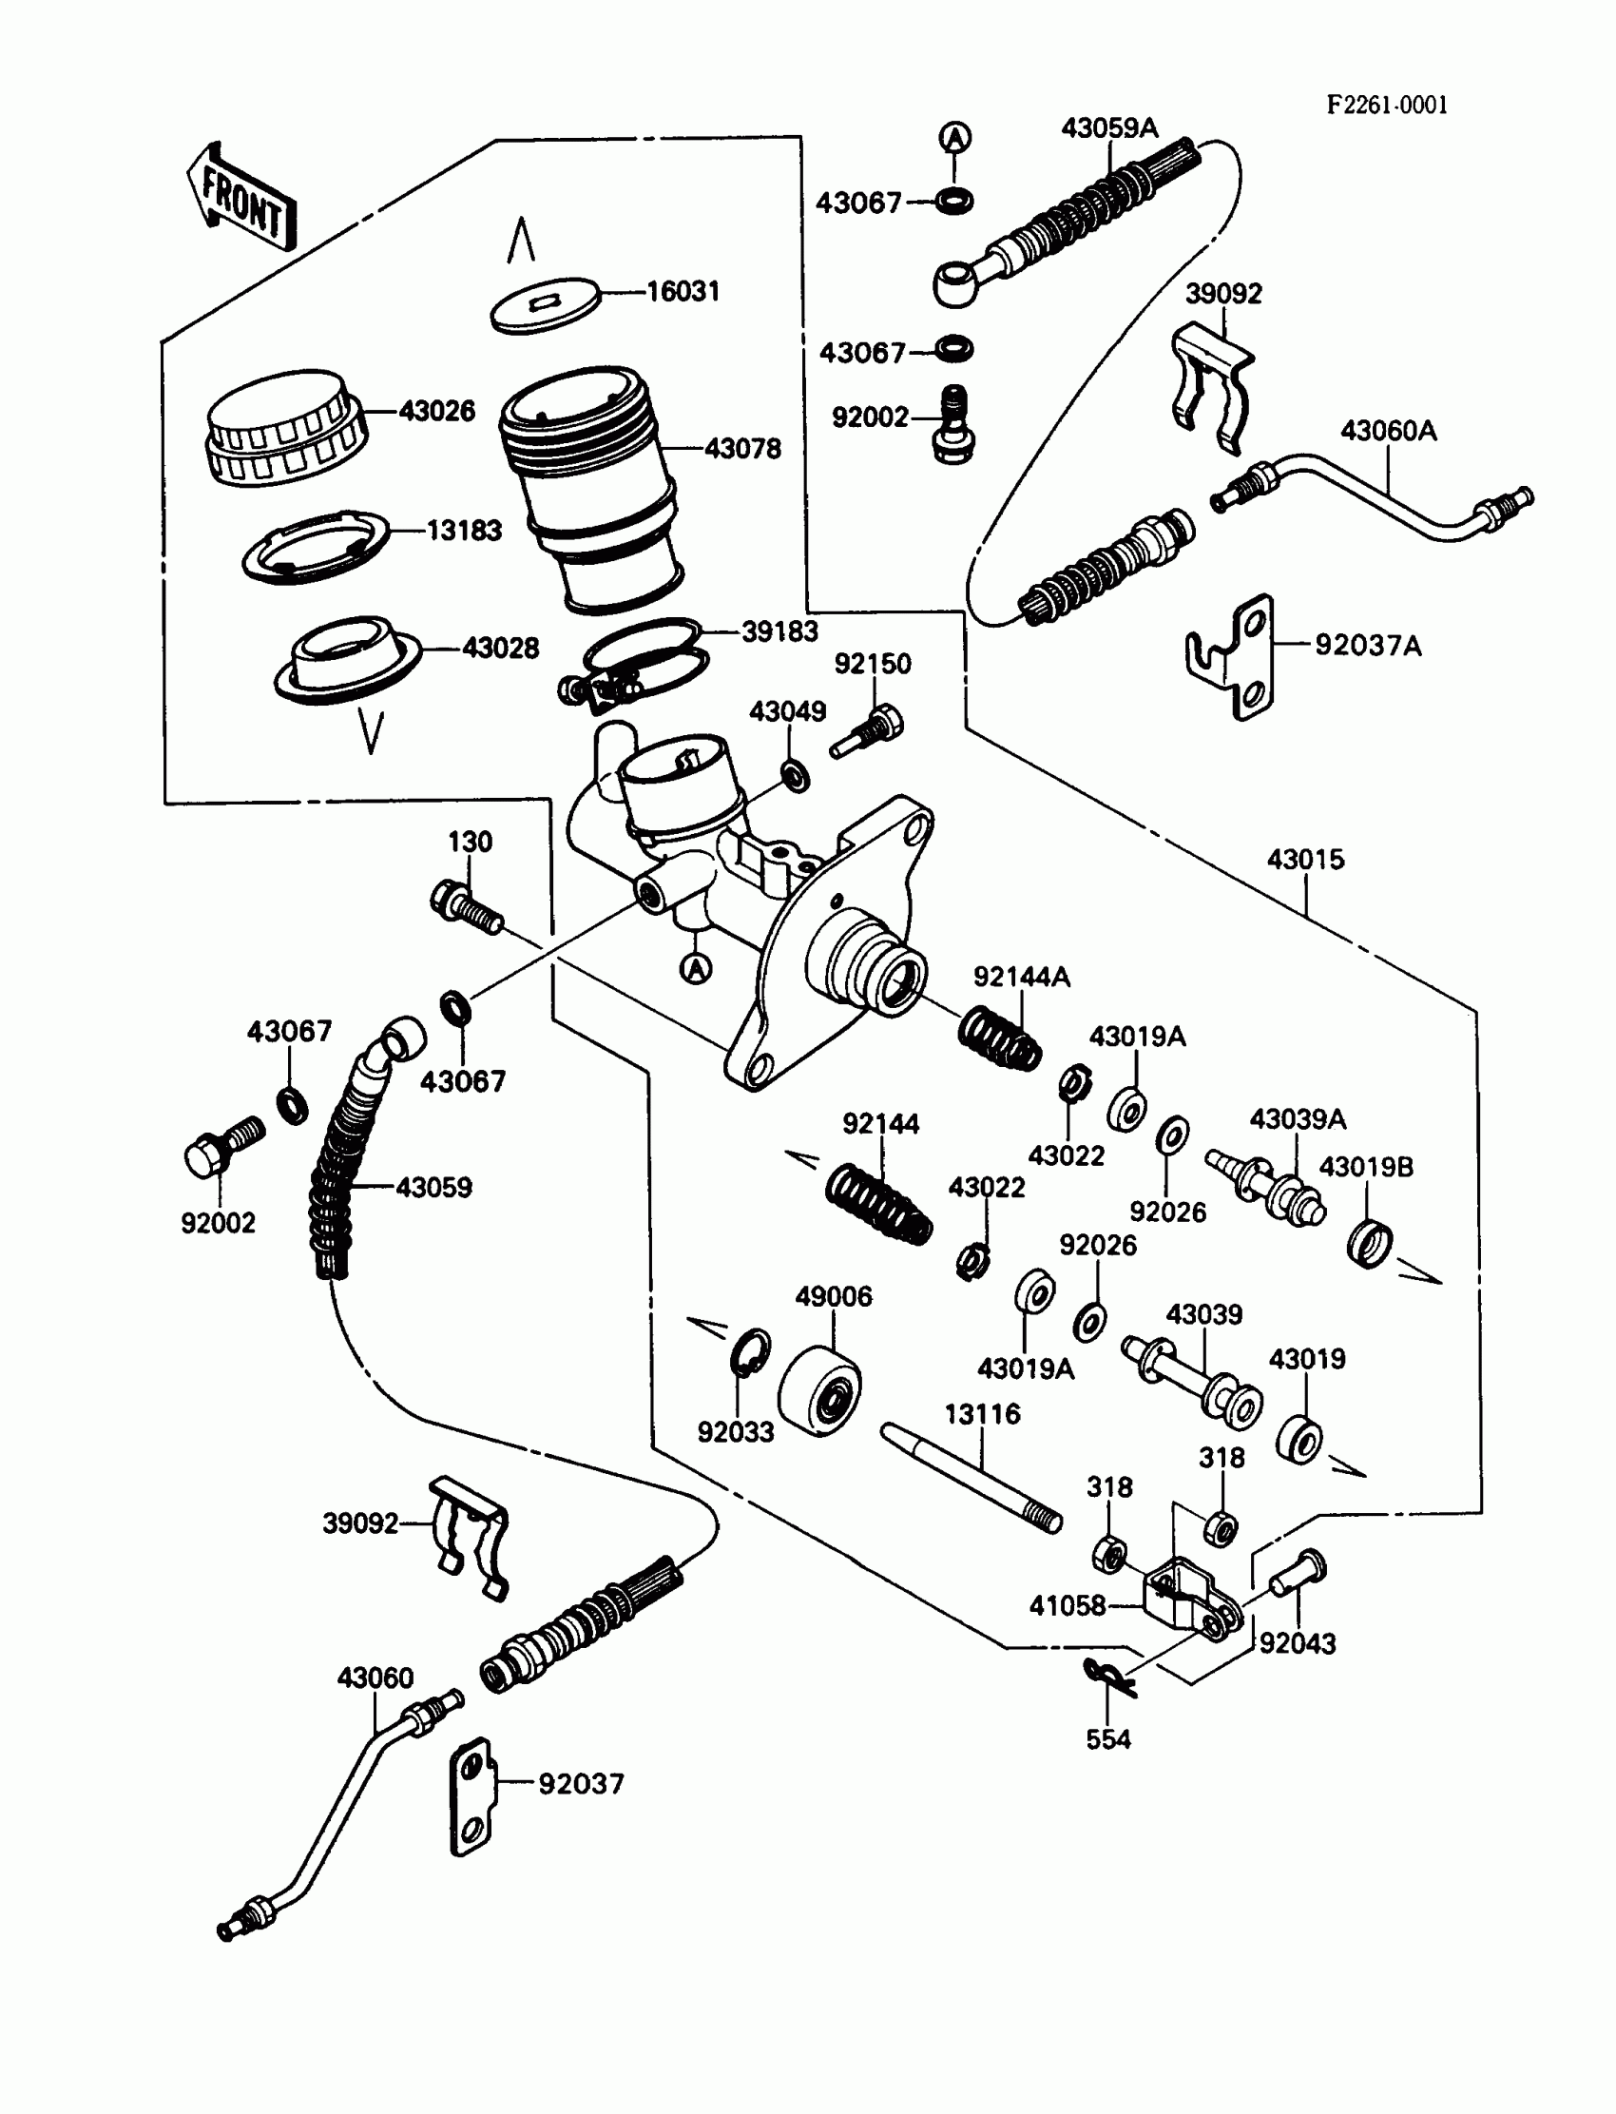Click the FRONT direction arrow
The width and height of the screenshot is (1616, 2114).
pyautogui.click(x=241, y=200)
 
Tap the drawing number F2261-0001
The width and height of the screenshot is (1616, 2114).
pyautogui.click(x=1386, y=105)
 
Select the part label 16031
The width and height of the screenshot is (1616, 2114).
pyautogui.click(x=682, y=291)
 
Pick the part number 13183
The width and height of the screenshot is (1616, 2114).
pyautogui.click(x=464, y=531)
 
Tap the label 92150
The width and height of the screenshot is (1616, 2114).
pyautogui.click(x=873, y=664)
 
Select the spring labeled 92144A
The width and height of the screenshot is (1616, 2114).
pyautogui.click(x=999, y=1038)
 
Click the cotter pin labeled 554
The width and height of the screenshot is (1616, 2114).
pyautogui.click(x=1109, y=1677)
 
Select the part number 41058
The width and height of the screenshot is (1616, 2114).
pyautogui.click(x=1067, y=1605)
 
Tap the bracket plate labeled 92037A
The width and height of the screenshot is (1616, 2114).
pyautogui.click(x=1232, y=656)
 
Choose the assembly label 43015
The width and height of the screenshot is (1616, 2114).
pyautogui.click(x=1305, y=860)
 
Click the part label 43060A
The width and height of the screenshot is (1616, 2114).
pyautogui.click(x=1388, y=430)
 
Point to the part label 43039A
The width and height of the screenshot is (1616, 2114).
pyautogui.click(x=1298, y=1119)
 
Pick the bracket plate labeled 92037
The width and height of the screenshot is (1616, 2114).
pyautogui.click(x=471, y=1795)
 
